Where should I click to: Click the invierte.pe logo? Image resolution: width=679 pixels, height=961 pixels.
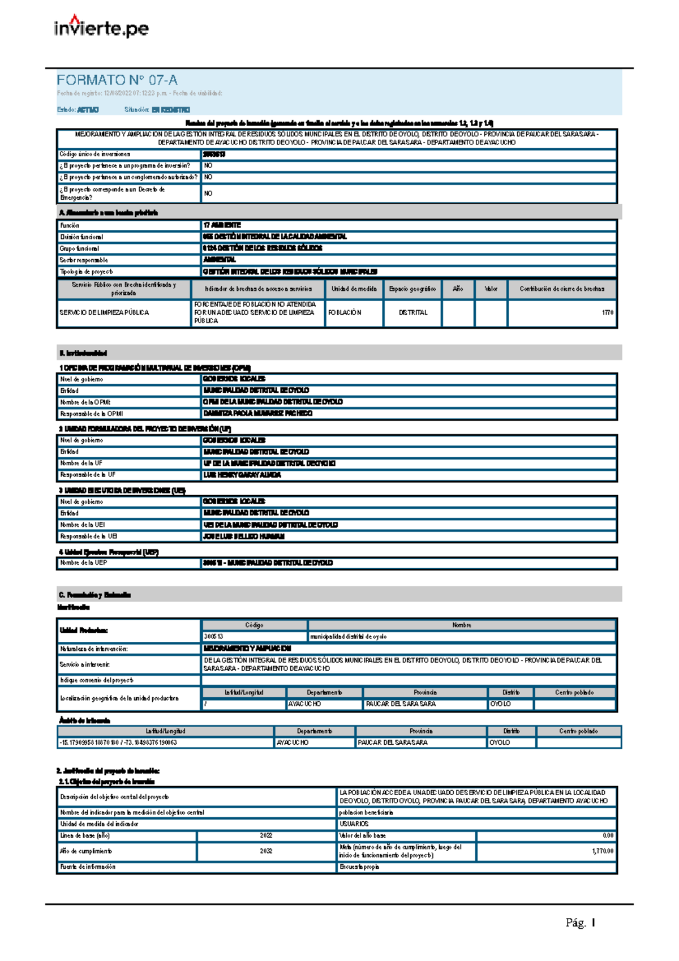click(101, 27)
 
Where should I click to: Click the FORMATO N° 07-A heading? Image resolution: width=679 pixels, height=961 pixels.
click(117, 80)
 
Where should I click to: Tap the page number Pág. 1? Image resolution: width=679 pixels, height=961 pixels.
click(580, 923)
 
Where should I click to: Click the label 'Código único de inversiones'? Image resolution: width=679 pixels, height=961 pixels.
click(95, 154)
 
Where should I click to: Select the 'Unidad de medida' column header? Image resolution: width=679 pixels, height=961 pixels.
click(354, 289)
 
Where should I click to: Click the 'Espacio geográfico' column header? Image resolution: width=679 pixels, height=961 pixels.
click(412, 289)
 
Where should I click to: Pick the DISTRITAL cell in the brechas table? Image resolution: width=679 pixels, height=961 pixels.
click(412, 312)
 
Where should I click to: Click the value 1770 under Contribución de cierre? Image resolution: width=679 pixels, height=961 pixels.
click(607, 312)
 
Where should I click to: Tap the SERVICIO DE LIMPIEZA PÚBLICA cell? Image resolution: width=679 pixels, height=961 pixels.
click(104, 312)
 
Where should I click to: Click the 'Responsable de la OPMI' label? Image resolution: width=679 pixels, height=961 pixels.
click(92, 414)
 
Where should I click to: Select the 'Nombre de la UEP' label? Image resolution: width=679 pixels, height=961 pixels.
click(84, 563)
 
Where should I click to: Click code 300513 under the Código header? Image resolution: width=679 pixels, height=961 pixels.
click(213, 637)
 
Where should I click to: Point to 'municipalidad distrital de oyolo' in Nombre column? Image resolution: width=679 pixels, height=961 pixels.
click(348, 637)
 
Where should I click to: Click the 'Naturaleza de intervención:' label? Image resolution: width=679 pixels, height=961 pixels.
click(94, 649)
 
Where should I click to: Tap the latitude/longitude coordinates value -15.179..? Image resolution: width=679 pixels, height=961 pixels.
click(118, 743)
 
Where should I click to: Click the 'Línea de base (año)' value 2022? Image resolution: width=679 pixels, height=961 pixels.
click(266, 835)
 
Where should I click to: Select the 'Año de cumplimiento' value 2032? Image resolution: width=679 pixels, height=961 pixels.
click(266, 851)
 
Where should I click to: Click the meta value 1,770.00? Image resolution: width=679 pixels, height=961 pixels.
click(603, 851)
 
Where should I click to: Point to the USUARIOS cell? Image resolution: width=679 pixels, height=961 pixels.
click(354, 824)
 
